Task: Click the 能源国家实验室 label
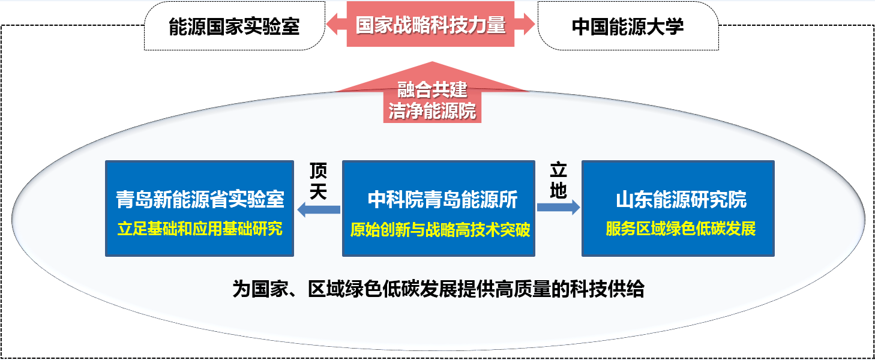(x=234, y=26)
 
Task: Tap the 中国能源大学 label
(x=628, y=26)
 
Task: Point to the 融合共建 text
(x=432, y=90)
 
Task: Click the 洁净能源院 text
(x=432, y=111)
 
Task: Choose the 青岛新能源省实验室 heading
(x=200, y=200)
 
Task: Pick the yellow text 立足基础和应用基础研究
(x=200, y=229)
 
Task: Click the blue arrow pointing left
(x=319, y=209)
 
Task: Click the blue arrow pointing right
(x=558, y=207)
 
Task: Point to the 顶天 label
(x=319, y=182)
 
